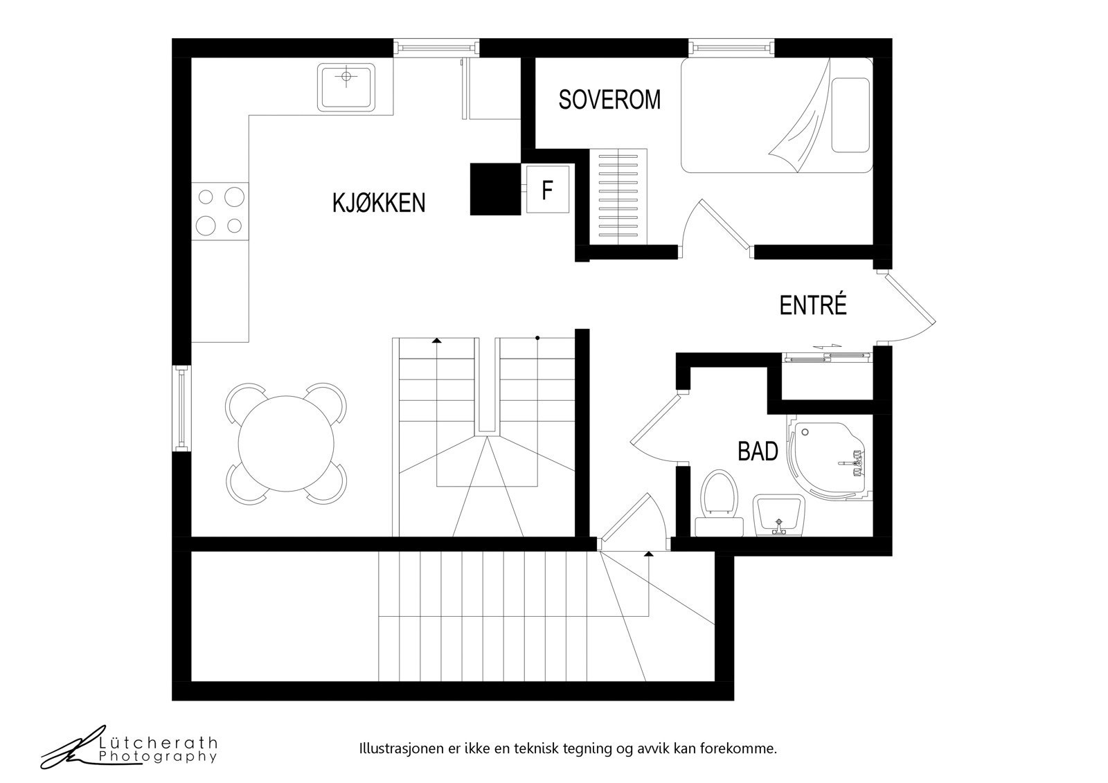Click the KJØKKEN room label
coord(379,203)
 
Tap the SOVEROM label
coord(609,100)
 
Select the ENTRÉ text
coord(813,305)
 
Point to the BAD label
coord(758,451)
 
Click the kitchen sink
coord(346,87)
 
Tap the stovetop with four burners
coord(220,210)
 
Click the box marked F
coord(548,190)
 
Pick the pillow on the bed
coord(850,115)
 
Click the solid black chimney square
coord(495,188)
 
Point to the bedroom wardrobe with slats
coord(618,197)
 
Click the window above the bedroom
coord(731,47)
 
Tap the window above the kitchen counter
coord(436,47)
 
